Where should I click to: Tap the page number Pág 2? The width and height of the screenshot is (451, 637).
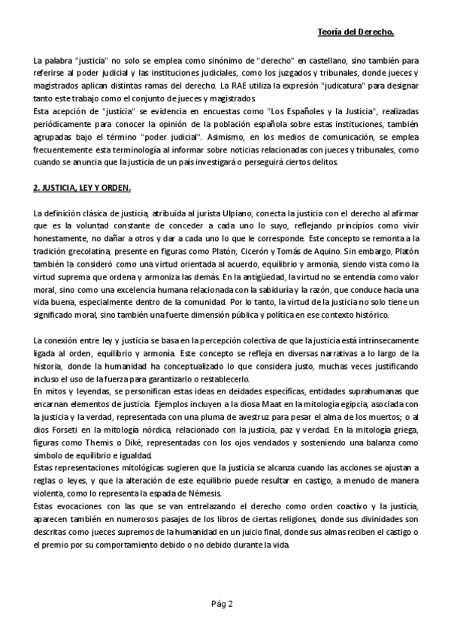coord(223,603)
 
